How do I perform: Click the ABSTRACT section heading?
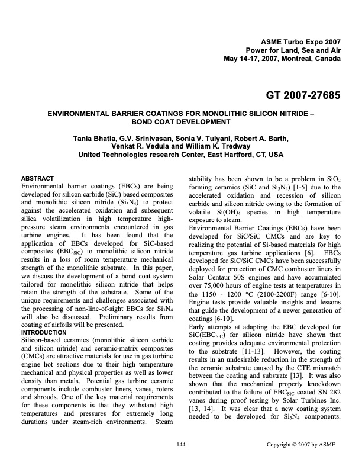pyautogui.click(x=38, y=178)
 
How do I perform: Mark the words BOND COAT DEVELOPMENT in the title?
pyautogui.click(x=181, y=122)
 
